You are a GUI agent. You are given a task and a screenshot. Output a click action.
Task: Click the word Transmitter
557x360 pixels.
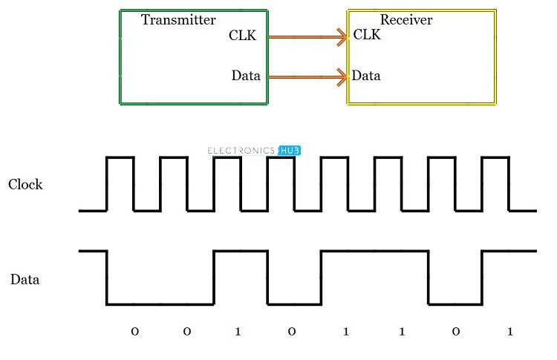coord(178,20)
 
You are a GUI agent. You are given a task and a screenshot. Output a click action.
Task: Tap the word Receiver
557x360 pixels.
coord(406,20)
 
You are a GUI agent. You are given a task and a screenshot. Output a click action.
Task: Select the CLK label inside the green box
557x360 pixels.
coord(242,35)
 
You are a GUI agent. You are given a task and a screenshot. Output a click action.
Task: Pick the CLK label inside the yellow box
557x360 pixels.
coord(367,34)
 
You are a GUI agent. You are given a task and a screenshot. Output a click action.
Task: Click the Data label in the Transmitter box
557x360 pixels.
coord(246,75)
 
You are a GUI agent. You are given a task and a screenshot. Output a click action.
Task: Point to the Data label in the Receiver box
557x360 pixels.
coord(366,75)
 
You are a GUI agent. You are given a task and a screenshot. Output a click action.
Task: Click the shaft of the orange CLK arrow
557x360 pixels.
coord(306,37)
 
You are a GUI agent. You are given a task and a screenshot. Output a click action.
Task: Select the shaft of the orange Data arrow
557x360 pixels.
coord(306,77)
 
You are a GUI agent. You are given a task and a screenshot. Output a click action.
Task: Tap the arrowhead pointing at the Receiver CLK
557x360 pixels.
coord(342,37)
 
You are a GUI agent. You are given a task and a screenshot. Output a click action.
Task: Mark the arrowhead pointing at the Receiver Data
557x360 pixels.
coord(342,77)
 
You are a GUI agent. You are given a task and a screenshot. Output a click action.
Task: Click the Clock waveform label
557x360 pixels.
coord(25,184)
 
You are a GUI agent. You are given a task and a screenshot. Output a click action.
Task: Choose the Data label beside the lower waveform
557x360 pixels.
coord(25,279)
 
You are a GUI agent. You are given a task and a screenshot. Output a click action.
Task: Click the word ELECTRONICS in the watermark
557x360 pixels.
coord(241,151)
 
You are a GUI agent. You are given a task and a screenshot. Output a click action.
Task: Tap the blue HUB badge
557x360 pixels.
coord(289,151)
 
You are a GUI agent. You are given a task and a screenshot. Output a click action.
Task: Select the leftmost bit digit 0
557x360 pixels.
coord(135,332)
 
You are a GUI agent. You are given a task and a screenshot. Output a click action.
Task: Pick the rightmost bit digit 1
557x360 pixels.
coord(510,332)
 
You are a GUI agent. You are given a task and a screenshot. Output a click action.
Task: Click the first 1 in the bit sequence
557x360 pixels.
coord(238,332)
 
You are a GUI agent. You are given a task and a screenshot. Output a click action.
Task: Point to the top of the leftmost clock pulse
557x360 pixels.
coord(120,157)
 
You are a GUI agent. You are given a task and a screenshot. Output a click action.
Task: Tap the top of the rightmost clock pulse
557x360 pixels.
coord(495,157)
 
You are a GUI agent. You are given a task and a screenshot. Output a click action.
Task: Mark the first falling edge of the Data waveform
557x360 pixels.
coord(106,278)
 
